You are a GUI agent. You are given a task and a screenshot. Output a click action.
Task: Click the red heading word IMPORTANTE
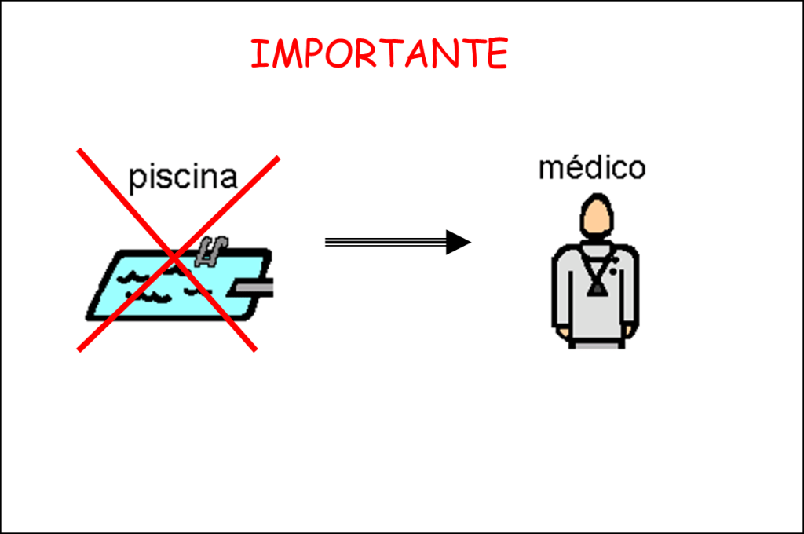point(379,53)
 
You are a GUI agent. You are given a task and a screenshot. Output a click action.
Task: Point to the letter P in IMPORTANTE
point(310,54)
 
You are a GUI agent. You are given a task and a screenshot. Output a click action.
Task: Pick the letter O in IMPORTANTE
point(335,54)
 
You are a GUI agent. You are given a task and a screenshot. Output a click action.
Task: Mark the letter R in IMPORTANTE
point(362,54)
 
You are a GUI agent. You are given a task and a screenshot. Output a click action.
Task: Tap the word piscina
point(182,177)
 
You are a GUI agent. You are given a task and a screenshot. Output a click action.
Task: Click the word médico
point(592,167)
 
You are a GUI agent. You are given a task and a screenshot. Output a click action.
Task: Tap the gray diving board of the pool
point(251,289)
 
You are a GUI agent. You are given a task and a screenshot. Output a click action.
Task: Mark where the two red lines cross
point(177,255)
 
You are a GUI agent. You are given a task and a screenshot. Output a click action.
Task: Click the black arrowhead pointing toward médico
point(458,242)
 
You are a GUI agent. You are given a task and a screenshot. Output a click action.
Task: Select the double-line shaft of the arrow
point(385,242)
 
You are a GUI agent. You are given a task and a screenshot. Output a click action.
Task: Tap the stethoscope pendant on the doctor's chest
point(597,288)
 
